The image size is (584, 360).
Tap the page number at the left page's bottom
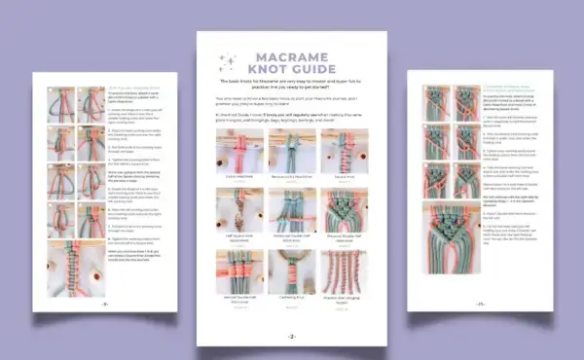(x=104, y=305)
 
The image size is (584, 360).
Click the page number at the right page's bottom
(x=479, y=304)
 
